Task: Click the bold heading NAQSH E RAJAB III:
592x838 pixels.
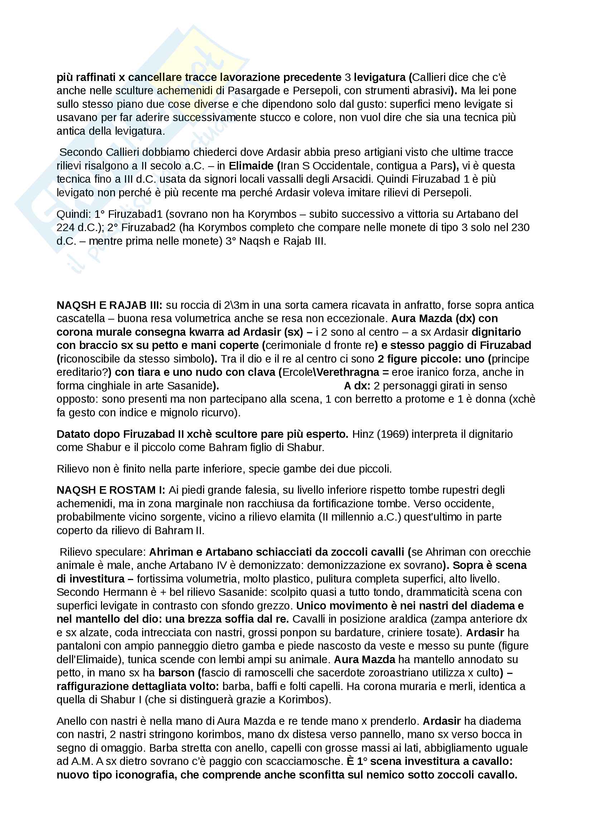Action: coord(110,305)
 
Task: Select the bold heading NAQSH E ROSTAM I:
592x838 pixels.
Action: coord(111,490)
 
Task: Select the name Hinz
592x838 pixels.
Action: coord(361,434)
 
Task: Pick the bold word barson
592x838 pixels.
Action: coord(176,673)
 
